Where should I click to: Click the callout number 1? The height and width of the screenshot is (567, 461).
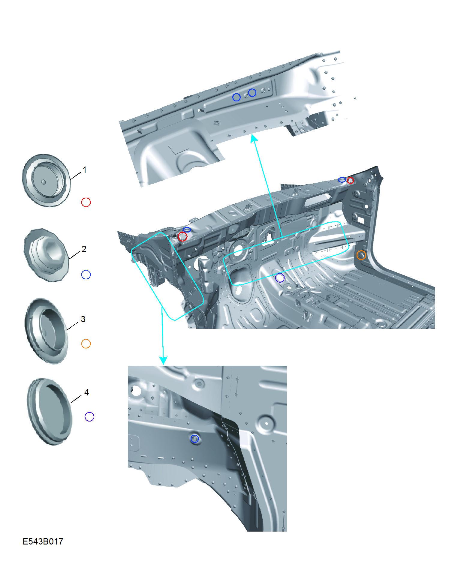click(x=85, y=170)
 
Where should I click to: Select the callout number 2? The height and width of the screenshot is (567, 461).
click(x=84, y=249)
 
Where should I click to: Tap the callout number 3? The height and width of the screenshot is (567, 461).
click(x=83, y=319)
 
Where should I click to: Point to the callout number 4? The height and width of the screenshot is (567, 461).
click(x=86, y=392)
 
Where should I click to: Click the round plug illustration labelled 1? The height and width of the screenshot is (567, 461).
click(x=46, y=180)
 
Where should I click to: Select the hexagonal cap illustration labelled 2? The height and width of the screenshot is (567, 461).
click(x=46, y=255)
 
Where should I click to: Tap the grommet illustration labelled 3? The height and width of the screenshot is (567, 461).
click(x=47, y=331)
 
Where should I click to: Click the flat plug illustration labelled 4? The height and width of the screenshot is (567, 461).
click(x=50, y=412)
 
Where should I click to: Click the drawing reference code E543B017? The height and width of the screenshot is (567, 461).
click(x=43, y=541)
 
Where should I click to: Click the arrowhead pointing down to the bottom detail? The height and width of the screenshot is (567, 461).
click(x=163, y=360)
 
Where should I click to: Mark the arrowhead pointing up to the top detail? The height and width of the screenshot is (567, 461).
click(x=254, y=138)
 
